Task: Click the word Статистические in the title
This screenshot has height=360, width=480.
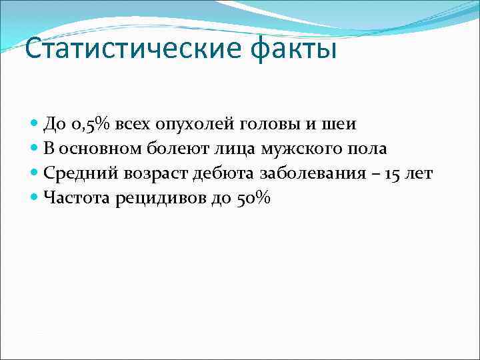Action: (x=122, y=50)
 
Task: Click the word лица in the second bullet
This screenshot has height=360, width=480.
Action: (x=231, y=149)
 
